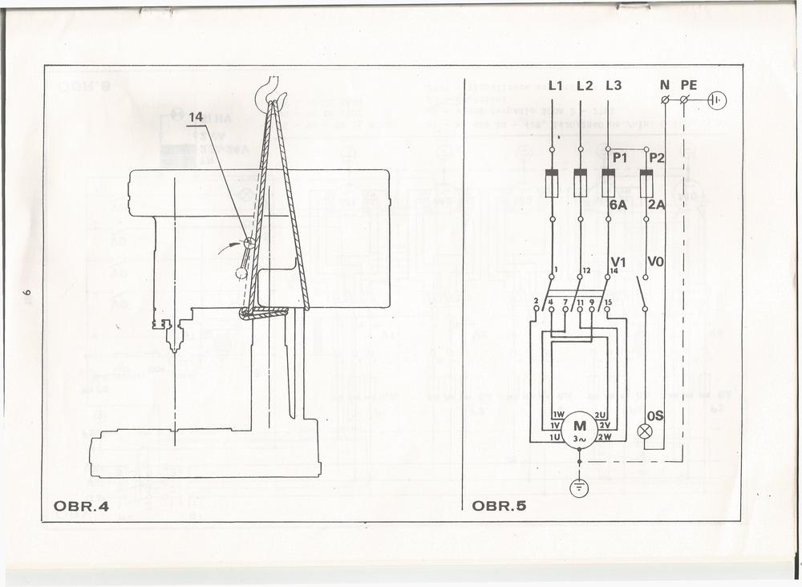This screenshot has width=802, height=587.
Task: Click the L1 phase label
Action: point(556,86)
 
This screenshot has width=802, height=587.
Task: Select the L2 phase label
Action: point(584,86)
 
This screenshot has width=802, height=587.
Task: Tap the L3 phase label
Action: point(614,86)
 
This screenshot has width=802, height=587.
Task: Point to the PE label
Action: point(689,85)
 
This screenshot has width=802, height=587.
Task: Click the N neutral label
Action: point(664,85)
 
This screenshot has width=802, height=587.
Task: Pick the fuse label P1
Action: point(619,159)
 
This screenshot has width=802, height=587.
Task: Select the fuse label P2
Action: point(656,159)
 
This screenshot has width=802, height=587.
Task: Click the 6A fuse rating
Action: point(618,205)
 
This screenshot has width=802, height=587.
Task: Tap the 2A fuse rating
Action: point(656,205)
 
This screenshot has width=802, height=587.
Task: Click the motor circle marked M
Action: point(579,430)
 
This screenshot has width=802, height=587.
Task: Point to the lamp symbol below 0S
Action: point(645,431)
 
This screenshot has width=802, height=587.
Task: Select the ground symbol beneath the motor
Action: point(579,488)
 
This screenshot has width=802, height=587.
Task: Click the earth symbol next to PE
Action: point(717,100)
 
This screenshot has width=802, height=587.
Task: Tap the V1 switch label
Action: point(618,262)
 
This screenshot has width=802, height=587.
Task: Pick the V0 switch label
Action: point(656,262)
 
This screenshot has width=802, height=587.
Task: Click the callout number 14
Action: point(197,118)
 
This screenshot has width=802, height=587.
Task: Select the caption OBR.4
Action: point(80,506)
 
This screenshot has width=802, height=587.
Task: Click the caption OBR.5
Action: point(499,506)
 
